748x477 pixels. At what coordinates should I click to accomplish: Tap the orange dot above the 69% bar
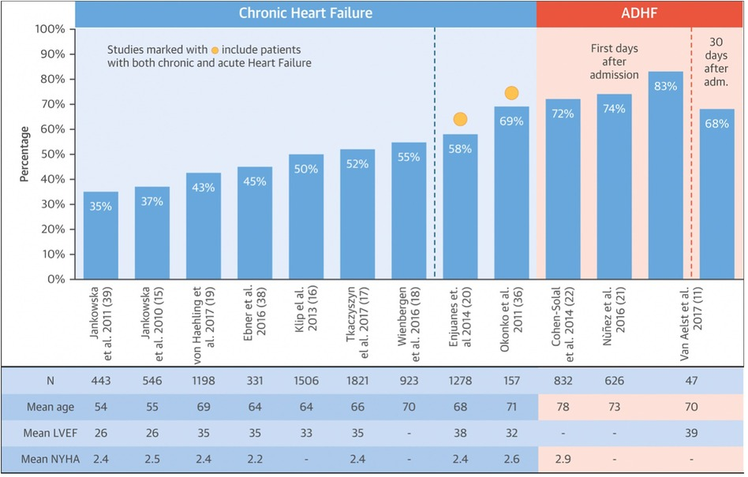pos(511,93)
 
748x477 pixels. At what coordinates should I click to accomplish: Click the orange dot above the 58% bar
pos(460,120)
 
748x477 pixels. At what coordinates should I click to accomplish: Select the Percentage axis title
pos(24,154)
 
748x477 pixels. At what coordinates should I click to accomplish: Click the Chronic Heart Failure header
pos(305,13)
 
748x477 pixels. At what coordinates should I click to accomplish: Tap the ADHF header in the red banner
pos(640,13)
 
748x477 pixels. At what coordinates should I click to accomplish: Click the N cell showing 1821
pos(357,380)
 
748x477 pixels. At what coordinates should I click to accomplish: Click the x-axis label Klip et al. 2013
pos(305,315)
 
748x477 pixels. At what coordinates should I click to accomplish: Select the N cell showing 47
pos(692,380)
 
